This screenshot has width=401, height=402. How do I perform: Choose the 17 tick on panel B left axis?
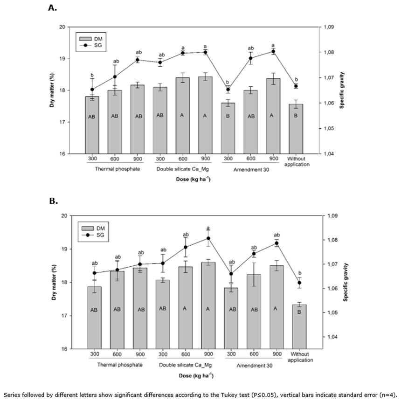pyautogui.click(x=62, y=315)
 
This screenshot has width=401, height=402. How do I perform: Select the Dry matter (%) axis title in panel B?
pyautogui.click(x=54, y=282)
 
